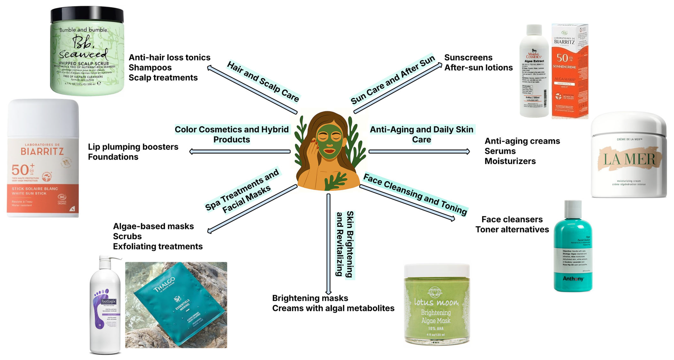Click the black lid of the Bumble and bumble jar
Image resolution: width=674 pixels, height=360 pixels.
pos(87,14)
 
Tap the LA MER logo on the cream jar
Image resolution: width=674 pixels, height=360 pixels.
pos(629,159)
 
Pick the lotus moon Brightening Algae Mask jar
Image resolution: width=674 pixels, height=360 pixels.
pos(436,306)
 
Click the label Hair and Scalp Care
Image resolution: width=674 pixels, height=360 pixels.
pos(263,81)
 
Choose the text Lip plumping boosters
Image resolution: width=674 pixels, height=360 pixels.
pos(133,147)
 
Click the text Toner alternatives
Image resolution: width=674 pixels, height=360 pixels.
pos(512,229)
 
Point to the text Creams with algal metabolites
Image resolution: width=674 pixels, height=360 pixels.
pos(333,308)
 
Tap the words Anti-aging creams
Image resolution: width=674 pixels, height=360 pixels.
pos(522,141)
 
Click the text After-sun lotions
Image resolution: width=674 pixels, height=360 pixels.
pos(478,67)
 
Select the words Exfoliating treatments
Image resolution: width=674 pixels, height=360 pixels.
pos(158,246)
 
